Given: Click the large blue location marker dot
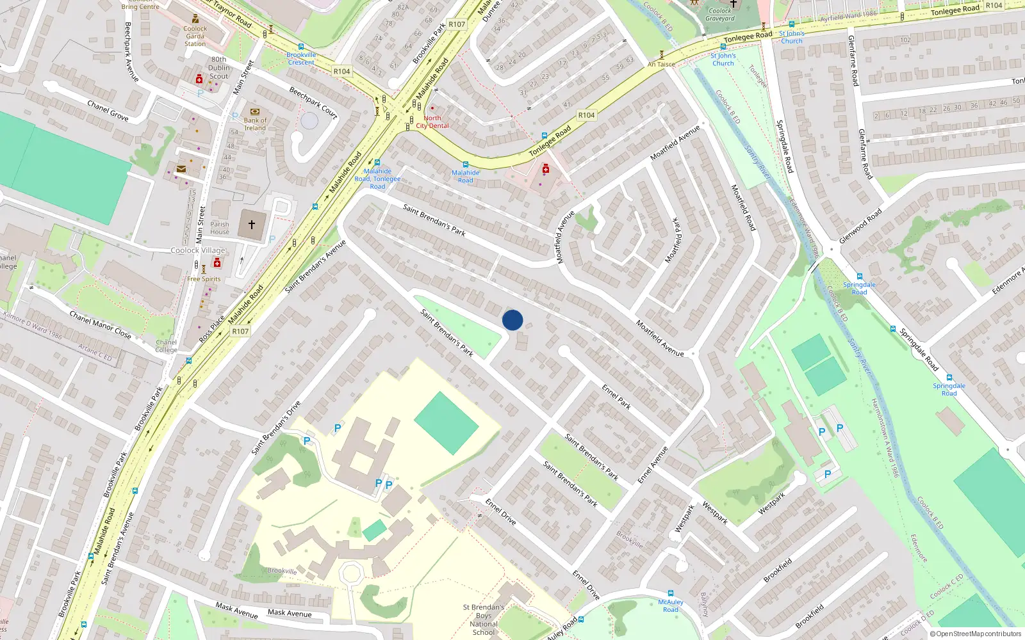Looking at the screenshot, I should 512,320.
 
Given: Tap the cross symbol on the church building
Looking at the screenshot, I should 252,225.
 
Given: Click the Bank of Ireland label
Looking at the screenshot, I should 255,124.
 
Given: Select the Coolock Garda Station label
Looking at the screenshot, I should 195,36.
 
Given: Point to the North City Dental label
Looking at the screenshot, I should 432,122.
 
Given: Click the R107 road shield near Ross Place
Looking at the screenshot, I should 240,331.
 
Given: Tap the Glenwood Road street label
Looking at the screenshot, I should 860,226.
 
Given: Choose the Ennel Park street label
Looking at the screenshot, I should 616,397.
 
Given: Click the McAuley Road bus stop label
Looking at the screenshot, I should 671,605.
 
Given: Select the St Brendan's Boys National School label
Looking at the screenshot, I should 484,620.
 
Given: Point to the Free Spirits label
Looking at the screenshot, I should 204,279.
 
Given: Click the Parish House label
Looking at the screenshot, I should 220,228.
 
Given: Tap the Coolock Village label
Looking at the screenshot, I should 198,250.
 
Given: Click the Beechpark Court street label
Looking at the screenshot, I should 313,102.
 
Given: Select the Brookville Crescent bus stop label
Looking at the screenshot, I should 301,59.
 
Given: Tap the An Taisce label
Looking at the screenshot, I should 661,64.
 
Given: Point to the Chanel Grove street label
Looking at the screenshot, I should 108,111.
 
